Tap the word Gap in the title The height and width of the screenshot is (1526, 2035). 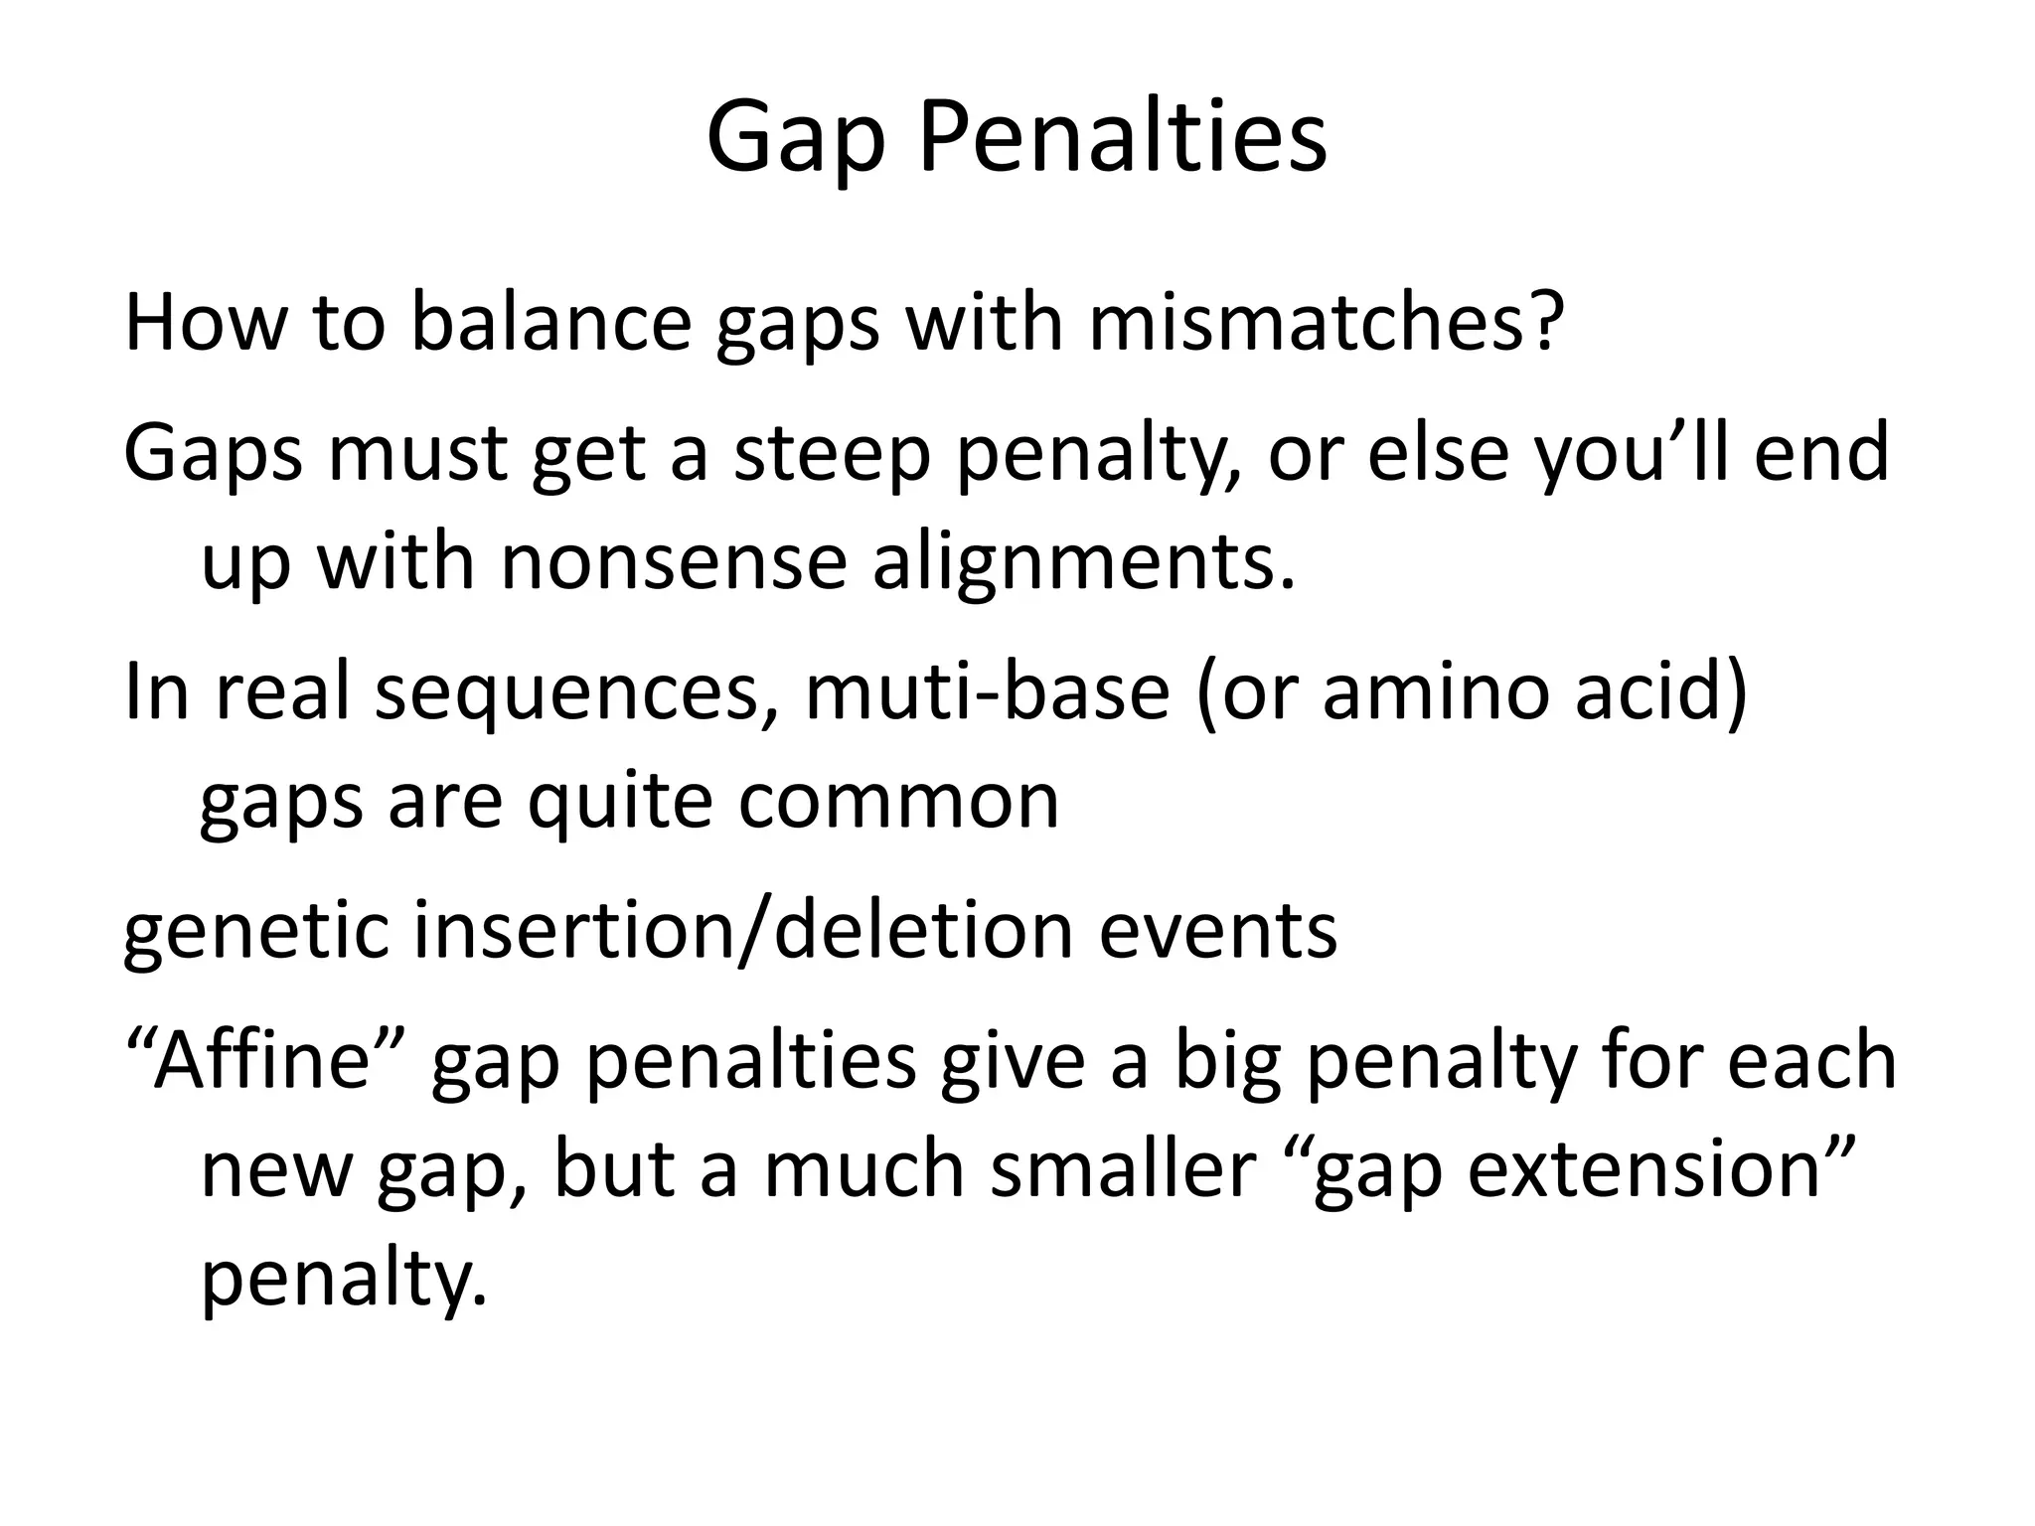(795, 141)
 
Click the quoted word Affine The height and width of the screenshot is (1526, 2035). (264, 1061)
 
